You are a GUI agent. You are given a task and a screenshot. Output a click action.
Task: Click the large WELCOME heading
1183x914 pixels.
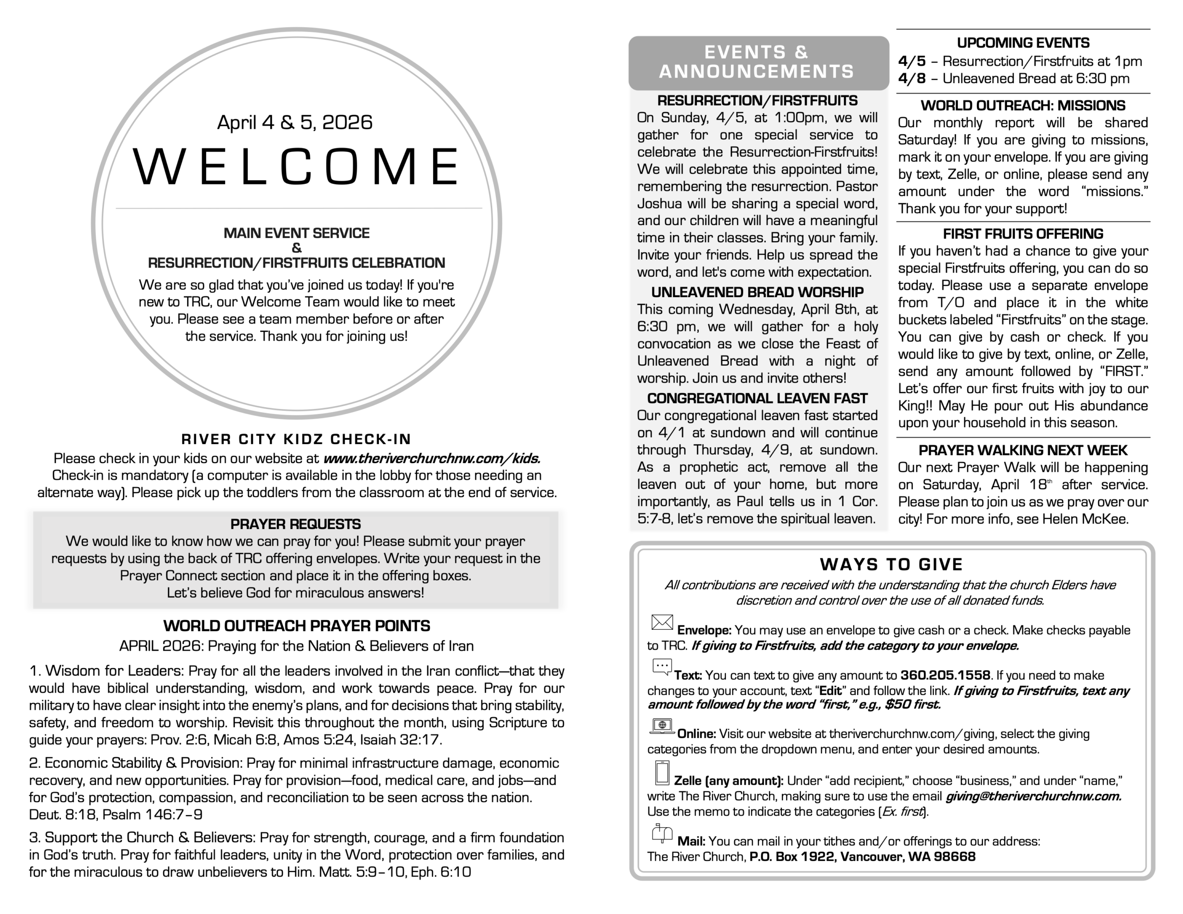296,166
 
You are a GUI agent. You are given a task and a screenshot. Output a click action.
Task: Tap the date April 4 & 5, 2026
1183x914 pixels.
295,122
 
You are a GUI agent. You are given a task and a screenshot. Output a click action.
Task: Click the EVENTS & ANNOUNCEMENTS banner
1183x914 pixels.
757,62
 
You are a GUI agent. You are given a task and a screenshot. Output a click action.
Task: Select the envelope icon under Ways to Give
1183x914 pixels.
662,622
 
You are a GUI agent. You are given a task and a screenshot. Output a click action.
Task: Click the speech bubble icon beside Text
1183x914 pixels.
662,667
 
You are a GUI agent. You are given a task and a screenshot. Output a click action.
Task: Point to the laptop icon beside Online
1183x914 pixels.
662,726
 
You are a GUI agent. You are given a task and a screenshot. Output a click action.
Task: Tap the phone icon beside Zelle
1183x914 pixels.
662,773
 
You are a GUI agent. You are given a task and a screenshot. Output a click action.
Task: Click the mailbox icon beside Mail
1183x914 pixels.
662,833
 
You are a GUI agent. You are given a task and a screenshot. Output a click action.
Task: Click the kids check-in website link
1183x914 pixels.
432,458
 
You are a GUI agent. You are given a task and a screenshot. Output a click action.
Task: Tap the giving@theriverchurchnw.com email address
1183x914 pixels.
1033,796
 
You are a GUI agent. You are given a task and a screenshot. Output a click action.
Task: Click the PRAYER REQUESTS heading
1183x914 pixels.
295,524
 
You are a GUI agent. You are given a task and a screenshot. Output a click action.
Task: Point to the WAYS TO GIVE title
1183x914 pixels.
891,565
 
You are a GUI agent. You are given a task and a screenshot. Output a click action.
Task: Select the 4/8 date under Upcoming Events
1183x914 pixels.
912,79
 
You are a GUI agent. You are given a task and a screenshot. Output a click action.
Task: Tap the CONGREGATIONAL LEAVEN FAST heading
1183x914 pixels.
757,398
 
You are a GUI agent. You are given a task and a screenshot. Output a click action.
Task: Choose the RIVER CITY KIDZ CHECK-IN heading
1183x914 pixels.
296,439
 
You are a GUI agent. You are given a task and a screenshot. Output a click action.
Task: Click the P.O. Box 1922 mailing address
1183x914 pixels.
862,857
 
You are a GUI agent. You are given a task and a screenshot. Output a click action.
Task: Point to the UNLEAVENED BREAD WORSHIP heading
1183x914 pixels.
757,292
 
